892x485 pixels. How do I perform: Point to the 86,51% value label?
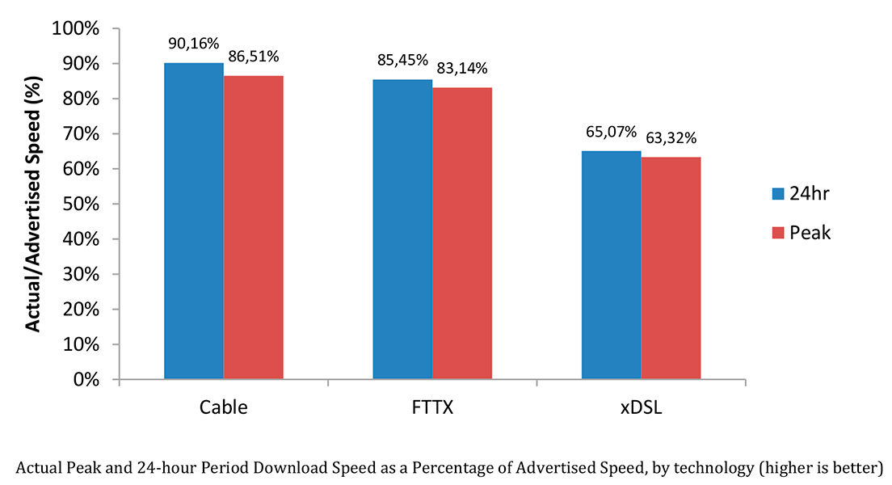pyautogui.click(x=253, y=57)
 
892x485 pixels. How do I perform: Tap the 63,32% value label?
pyautogui.click(x=671, y=138)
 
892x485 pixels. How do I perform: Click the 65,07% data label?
pyautogui.click(x=612, y=131)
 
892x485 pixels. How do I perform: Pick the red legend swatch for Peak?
pyautogui.click(x=778, y=233)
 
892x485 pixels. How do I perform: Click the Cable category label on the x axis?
pyautogui.click(x=223, y=407)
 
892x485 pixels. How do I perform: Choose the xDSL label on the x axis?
pyautogui.click(x=641, y=407)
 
